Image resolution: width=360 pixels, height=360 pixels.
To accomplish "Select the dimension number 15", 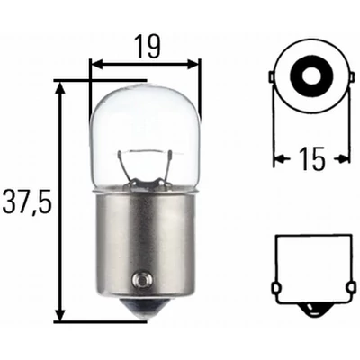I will click(310, 159).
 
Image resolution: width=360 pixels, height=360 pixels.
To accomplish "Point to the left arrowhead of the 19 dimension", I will click(95, 65).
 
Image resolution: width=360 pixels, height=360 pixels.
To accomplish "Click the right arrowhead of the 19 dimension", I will click(195, 65).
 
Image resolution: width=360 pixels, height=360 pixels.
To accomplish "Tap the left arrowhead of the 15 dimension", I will click(277, 160).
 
